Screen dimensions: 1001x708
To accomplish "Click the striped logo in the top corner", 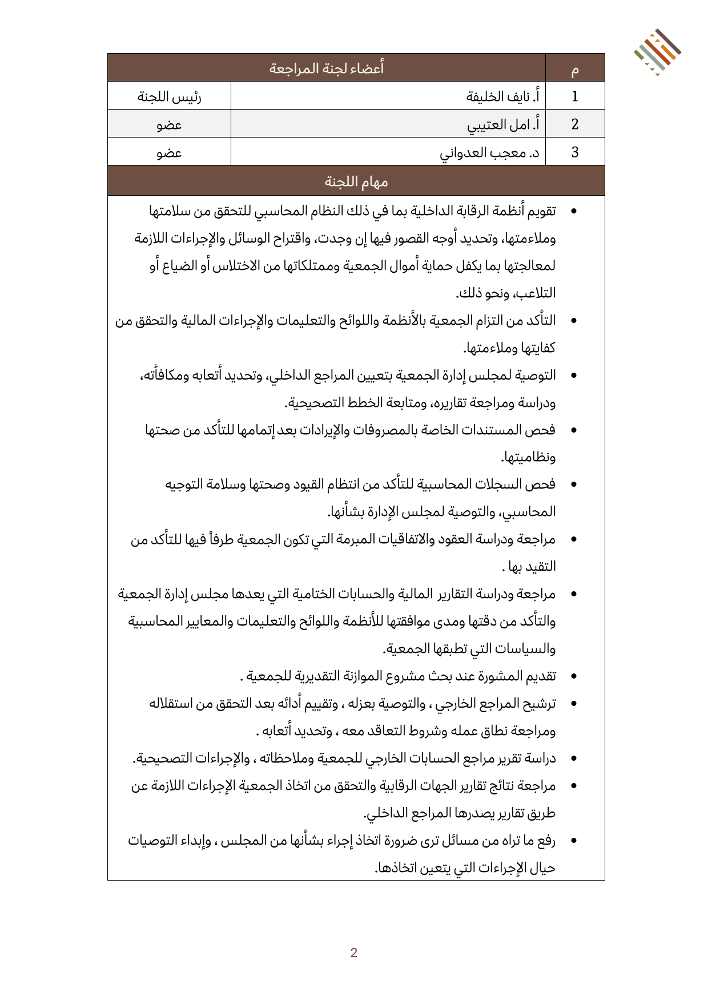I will [657, 52].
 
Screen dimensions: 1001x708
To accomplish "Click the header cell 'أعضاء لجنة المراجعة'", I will [327, 68].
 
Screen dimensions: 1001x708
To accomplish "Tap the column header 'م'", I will [575, 69].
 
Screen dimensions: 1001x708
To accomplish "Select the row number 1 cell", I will [575, 96].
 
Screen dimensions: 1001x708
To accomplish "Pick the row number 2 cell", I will [575, 124].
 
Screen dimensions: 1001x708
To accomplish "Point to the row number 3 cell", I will [575, 152].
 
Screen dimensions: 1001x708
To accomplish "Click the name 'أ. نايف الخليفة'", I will [502, 96].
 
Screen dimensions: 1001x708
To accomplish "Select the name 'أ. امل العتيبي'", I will [503, 124].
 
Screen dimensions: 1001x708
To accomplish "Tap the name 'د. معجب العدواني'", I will [489, 152].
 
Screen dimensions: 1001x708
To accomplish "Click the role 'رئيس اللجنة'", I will [169, 96].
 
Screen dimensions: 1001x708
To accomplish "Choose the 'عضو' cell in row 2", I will [169, 124].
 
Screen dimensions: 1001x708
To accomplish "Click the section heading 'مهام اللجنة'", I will [356, 181].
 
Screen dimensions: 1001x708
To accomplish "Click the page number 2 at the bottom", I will [354, 952].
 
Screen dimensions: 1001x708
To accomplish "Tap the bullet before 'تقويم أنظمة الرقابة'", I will [574, 212].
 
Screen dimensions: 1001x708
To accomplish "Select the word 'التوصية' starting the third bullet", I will [535, 375].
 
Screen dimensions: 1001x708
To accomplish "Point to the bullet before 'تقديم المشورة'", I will [574, 677].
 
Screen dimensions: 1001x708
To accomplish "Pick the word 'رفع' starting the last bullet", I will [546, 840].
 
